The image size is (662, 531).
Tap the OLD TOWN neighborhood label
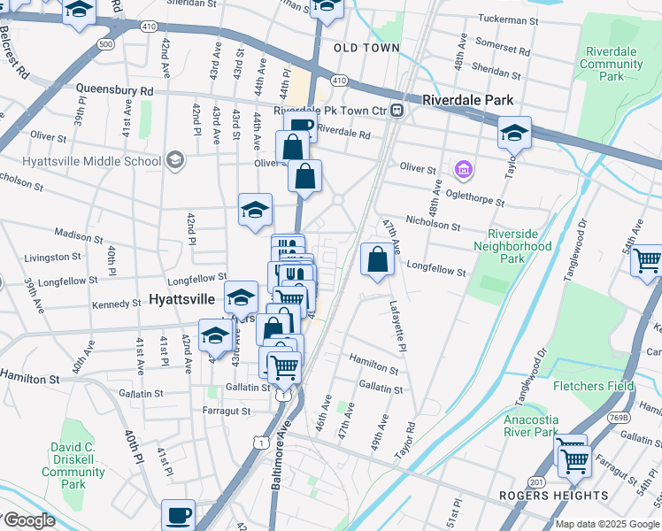click(x=367, y=48)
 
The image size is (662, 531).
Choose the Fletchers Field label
click(x=593, y=387)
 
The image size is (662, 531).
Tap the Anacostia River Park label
click(x=531, y=426)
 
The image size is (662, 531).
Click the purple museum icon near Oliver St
click(x=462, y=168)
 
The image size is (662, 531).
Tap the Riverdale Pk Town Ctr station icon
click(x=397, y=111)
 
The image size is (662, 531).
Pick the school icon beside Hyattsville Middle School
click(x=175, y=161)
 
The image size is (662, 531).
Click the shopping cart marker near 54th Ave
click(x=647, y=261)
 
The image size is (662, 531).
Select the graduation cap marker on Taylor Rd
click(x=514, y=134)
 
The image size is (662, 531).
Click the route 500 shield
click(x=106, y=43)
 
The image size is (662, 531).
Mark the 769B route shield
click(x=620, y=418)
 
